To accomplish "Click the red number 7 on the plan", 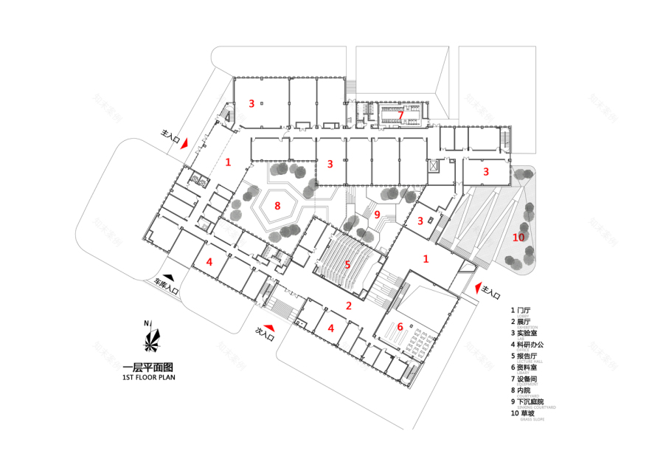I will point(400,115).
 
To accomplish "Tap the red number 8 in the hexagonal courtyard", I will point(277,205).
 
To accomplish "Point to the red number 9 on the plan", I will point(376,215).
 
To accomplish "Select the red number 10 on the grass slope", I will point(518,237).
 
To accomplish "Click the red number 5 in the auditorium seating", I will point(347,263).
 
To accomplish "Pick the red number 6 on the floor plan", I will point(400,327).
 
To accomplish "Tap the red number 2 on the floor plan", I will point(349,305).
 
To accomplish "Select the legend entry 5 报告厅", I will point(525,356).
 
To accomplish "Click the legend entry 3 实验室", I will point(525,333).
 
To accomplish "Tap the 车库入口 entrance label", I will point(167,286).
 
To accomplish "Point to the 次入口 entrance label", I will point(263,334).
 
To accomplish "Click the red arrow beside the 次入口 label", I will point(271,325).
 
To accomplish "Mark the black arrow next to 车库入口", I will point(169,277).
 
